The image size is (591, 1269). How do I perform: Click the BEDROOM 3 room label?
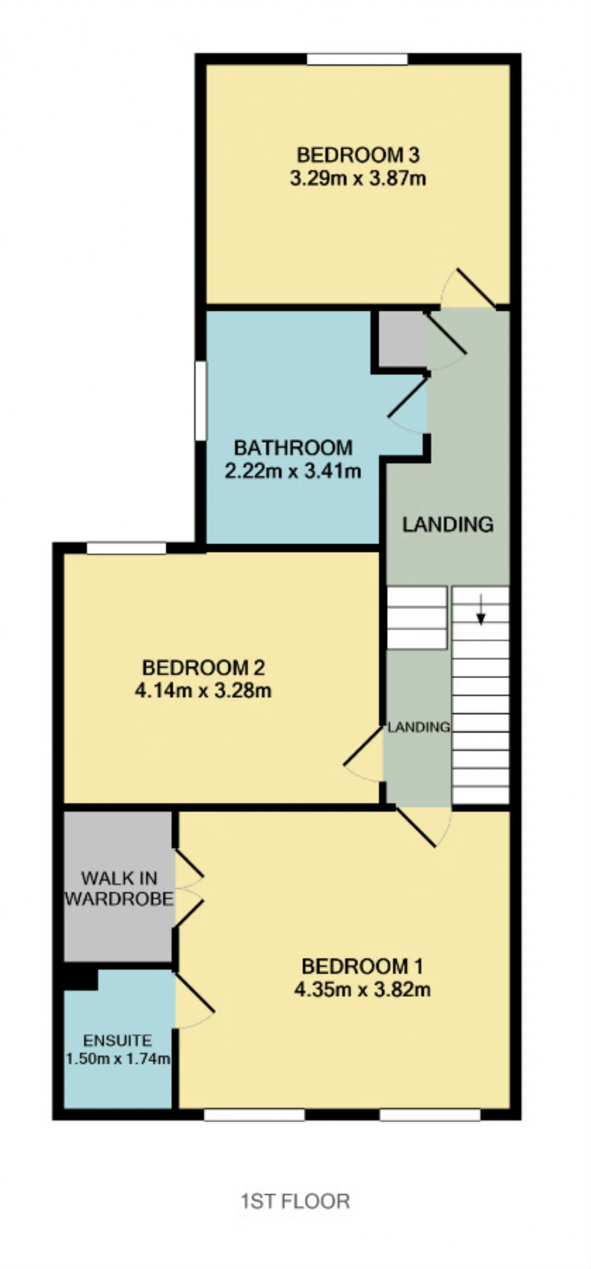[x=358, y=155]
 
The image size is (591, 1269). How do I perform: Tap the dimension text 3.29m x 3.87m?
[x=358, y=178]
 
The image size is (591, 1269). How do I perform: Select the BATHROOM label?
[x=293, y=448]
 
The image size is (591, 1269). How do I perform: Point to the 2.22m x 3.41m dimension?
[x=293, y=471]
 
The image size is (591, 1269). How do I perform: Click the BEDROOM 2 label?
[x=203, y=668]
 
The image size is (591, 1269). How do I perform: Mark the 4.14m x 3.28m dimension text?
[x=203, y=691]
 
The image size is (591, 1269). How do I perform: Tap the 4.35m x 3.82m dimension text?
[x=362, y=989]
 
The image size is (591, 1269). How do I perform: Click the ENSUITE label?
[x=117, y=1040]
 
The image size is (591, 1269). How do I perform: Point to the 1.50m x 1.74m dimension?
[x=118, y=1058]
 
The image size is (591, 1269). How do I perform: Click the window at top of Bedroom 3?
[x=357, y=59]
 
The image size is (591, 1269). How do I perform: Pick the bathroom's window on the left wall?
[x=200, y=401]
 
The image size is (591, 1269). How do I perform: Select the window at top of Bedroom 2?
[x=127, y=548]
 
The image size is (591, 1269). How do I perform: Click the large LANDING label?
[x=448, y=524]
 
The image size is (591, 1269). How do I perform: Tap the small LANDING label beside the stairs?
[x=419, y=727]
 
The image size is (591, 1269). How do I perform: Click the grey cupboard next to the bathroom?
[x=402, y=339]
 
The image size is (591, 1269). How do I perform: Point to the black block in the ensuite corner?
[x=80, y=976]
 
